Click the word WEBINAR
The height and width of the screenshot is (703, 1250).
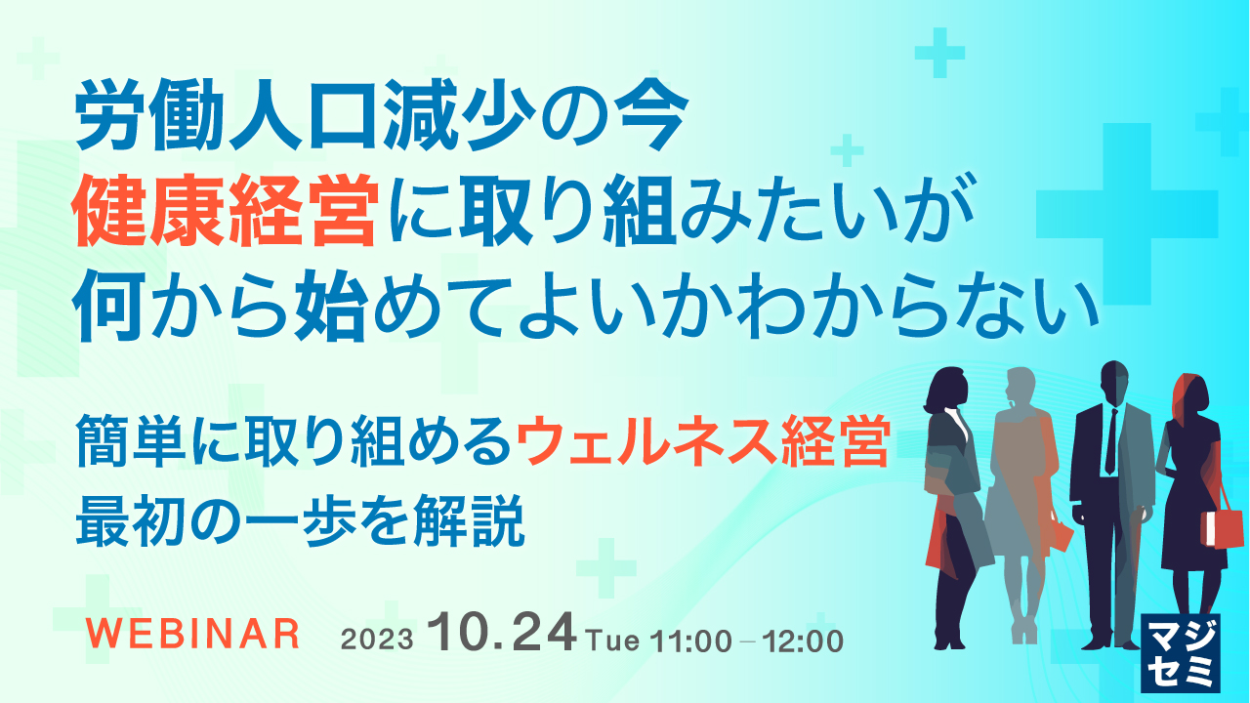click(x=192, y=635)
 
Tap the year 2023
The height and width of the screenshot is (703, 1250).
click(x=379, y=641)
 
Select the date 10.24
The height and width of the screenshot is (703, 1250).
click(x=506, y=636)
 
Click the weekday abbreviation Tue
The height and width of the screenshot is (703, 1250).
click(x=613, y=641)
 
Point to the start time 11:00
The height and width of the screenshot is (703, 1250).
click(x=692, y=641)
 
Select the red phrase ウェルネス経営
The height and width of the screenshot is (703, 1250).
click(x=702, y=443)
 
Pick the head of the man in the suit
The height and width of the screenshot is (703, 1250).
click(x=1113, y=381)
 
